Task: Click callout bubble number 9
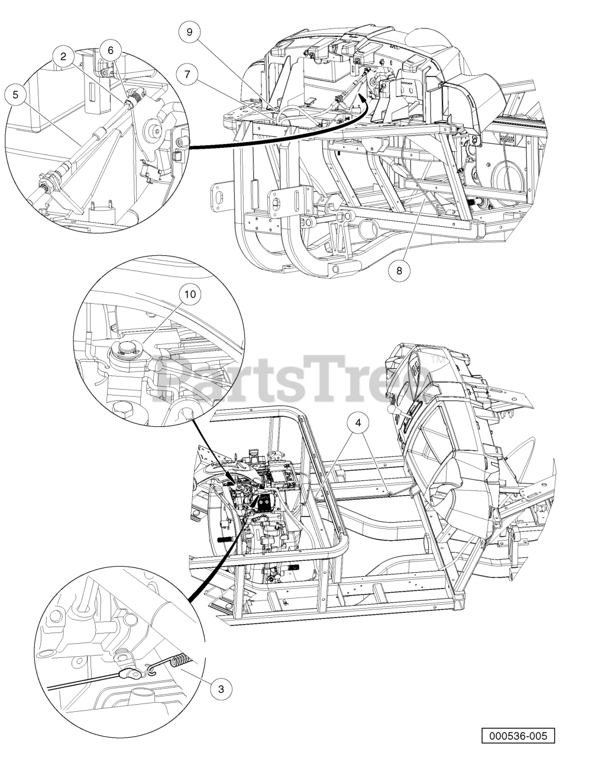pyautogui.click(x=190, y=32)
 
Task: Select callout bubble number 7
pyautogui.click(x=188, y=75)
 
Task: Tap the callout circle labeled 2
pyautogui.click(x=64, y=56)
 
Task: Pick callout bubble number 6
pyautogui.click(x=111, y=51)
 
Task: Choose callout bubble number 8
pyautogui.click(x=399, y=271)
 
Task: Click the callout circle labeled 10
pyautogui.click(x=190, y=294)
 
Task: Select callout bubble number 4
pyautogui.click(x=358, y=423)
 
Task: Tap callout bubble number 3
pyautogui.click(x=221, y=689)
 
